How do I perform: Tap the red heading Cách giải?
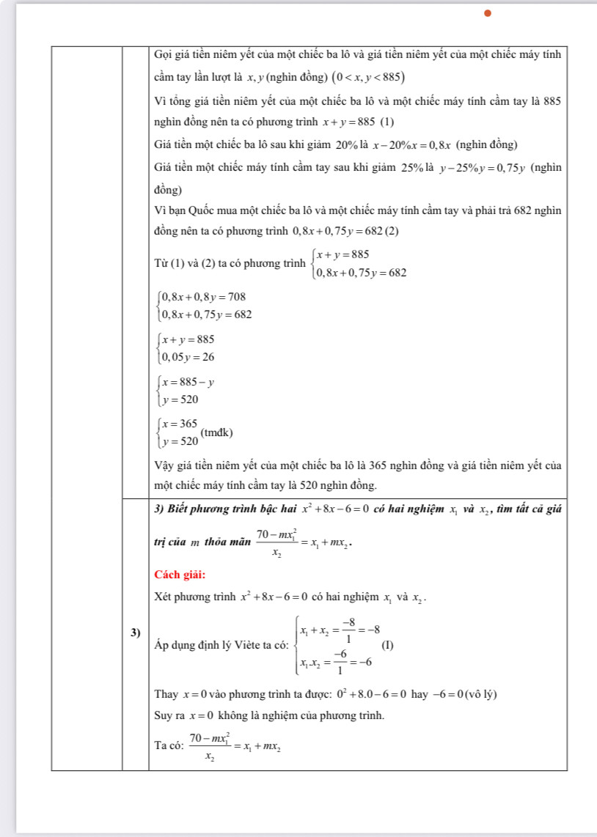(179, 572)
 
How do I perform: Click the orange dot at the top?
(486, 12)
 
